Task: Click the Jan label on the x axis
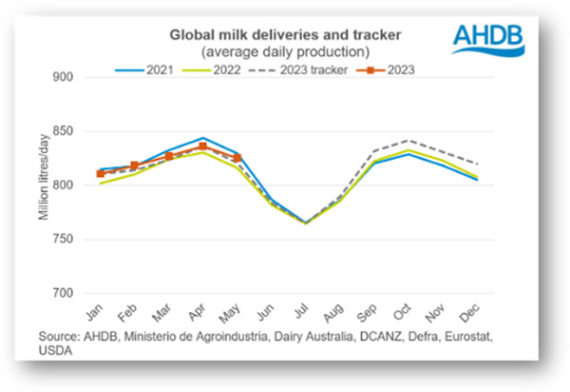pos(96,314)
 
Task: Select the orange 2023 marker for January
pos(101,174)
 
